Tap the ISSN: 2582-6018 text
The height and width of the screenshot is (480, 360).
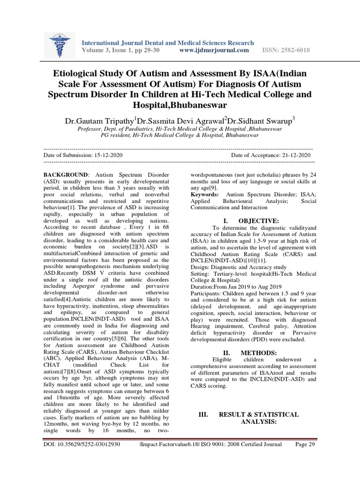tap(285, 51)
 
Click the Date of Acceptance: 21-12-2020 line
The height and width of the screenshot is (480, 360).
tap(270, 155)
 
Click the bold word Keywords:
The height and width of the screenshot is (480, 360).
tap(204, 194)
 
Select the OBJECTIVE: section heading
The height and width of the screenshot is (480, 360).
tap(258, 221)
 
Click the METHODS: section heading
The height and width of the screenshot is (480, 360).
tap(259, 352)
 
